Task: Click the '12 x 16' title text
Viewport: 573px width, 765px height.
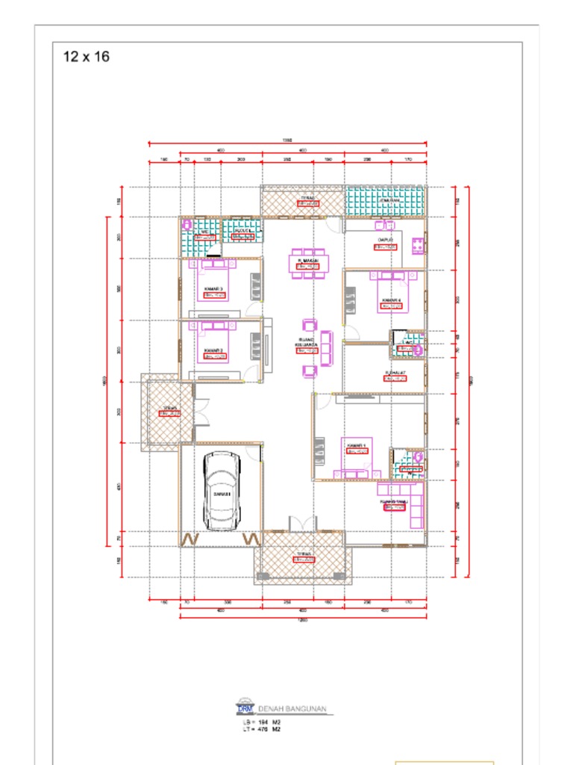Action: click(x=87, y=56)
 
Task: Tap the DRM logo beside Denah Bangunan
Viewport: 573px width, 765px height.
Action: click(x=245, y=708)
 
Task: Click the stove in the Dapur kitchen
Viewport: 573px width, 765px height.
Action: click(x=419, y=244)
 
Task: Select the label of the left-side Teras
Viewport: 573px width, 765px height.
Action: click(x=171, y=408)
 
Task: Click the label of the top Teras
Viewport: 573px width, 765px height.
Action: click(x=306, y=199)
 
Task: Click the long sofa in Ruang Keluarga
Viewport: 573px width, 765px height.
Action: click(x=326, y=349)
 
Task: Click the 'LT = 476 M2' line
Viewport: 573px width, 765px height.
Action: click(x=260, y=730)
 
